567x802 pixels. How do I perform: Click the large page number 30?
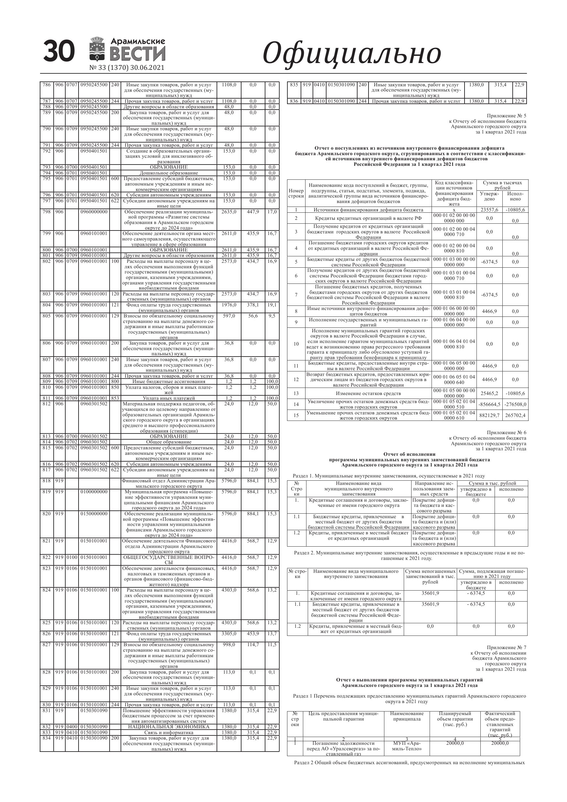pyautogui.click(x=59, y=51)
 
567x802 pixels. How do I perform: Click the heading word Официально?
pyautogui.click(x=351, y=53)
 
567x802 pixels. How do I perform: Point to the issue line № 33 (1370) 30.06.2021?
pyautogui.click(x=127, y=68)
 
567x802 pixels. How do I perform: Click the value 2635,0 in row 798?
pyautogui.click(x=229, y=212)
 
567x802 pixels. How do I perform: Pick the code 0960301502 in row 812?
pyautogui.click(x=94, y=404)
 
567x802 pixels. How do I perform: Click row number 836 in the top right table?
pyautogui.click(x=294, y=101)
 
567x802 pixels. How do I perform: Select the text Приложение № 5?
pyautogui.click(x=506, y=116)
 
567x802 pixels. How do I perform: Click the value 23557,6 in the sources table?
pyautogui.click(x=489, y=210)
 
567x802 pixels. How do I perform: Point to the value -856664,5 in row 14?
pyautogui.click(x=489, y=404)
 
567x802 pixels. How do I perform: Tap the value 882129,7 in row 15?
pyautogui.click(x=489, y=415)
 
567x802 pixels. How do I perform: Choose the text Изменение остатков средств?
pyautogui.click(x=368, y=393)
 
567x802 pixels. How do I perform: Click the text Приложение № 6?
pyautogui.click(x=506, y=433)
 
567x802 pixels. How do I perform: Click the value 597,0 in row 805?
pyautogui.click(x=229, y=316)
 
